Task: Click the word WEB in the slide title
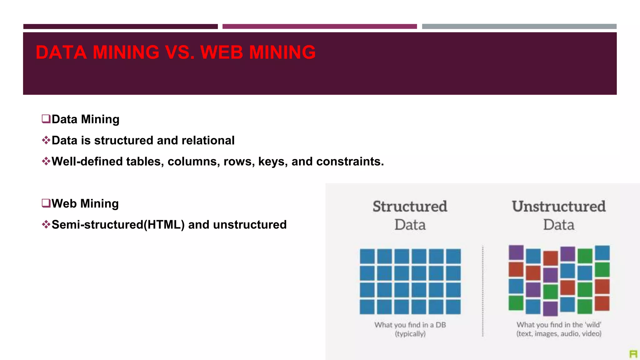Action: tap(222, 52)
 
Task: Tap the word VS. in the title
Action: tap(180, 52)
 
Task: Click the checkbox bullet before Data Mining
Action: tap(46, 119)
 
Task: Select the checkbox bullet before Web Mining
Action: tap(46, 203)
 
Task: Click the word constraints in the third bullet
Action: tap(350, 162)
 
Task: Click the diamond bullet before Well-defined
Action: tap(46, 161)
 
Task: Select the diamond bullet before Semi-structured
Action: tap(46, 224)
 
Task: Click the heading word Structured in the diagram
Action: tap(410, 207)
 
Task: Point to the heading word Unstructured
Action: tap(558, 207)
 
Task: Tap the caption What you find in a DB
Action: tap(410, 325)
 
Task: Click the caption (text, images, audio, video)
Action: tap(559, 334)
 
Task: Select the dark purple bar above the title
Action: tap(120, 27)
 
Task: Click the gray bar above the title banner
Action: tap(519, 27)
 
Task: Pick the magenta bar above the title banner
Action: tap(319, 27)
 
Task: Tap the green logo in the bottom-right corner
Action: tap(633, 354)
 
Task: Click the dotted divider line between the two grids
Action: tap(483, 291)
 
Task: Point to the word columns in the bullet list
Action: tap(193, 162)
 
